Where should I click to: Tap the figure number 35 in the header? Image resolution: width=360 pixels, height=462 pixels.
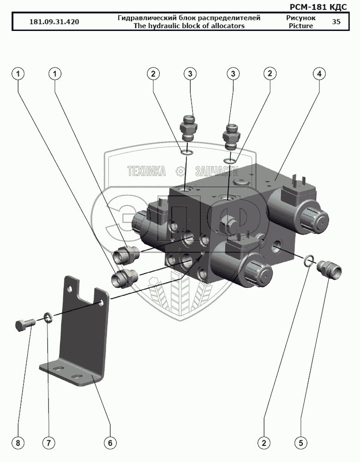click(x=336, y=22)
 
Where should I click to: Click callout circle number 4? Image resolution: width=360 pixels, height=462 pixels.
click(x=319, y=73)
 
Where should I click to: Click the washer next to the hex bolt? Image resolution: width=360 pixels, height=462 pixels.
click(x=47, y=317)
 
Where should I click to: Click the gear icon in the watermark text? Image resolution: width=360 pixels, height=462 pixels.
click(x=180, y=171)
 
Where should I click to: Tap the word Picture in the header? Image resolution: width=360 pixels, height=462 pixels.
click(x=300, y=26)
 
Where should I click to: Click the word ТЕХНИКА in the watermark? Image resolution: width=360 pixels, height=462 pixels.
click(x=147, y=171)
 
